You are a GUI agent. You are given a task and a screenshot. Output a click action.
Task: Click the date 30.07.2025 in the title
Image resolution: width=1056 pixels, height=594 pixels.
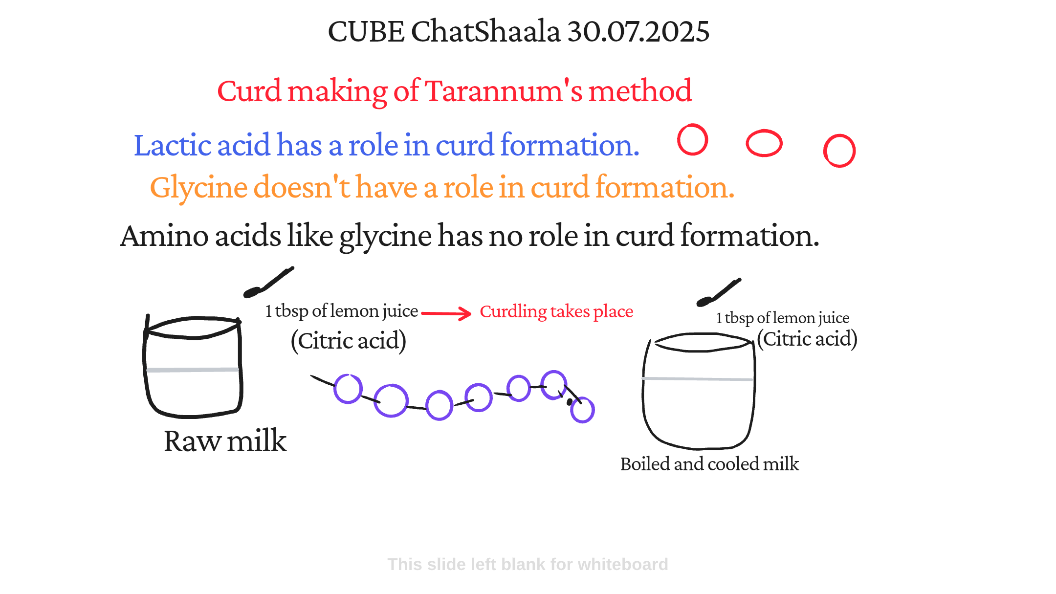(638, 31)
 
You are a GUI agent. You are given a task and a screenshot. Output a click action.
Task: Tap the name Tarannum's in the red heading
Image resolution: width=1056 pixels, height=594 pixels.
(504, 91)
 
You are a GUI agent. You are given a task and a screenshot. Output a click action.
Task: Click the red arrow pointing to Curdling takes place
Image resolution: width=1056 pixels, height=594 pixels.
(446, 313)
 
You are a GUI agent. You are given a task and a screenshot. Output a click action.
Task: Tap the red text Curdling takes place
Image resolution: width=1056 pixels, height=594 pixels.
(556, 311)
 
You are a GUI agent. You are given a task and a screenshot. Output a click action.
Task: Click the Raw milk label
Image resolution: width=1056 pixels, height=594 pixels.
(225, 441)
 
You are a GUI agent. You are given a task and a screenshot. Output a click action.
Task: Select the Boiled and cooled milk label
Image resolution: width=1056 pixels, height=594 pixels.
(709, 464)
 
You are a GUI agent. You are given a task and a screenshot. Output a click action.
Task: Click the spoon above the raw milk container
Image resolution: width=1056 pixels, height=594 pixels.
(268, 283)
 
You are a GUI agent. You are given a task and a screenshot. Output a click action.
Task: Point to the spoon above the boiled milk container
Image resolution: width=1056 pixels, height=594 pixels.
(719, 292)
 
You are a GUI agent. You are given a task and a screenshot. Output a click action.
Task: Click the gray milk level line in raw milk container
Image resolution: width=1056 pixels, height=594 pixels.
(193, 370)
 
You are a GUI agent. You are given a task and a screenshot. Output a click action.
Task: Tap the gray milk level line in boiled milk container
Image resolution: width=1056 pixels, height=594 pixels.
(697, 378)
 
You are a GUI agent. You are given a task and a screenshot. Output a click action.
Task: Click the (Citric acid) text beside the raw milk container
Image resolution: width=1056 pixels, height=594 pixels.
(349, 340)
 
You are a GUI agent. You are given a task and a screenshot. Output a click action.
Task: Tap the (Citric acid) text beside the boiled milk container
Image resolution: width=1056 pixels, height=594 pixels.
(807, 339)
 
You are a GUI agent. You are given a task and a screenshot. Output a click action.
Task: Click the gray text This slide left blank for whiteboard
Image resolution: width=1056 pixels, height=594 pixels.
(528, 564)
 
